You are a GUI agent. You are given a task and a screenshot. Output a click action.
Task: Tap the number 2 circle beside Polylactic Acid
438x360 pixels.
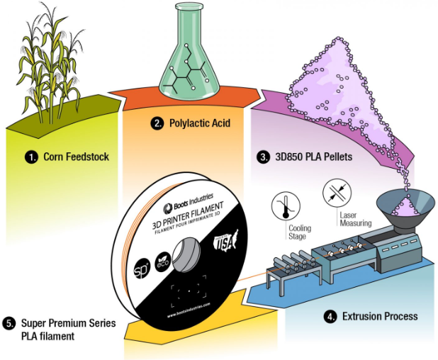click(157, 123)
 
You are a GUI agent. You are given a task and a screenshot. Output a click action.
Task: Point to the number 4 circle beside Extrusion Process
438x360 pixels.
click(330, 316)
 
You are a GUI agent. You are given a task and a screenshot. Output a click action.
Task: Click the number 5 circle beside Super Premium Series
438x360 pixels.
click(9, 323)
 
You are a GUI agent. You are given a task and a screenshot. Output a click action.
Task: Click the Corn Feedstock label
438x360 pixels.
click(76, 157)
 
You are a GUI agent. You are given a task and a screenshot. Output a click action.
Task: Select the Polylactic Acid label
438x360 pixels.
click(201, 123)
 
